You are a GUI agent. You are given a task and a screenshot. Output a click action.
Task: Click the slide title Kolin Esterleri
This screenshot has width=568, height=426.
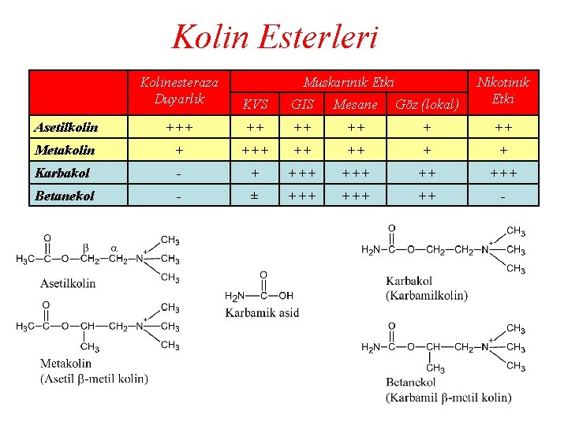pyautogui.click(x=275, y=37)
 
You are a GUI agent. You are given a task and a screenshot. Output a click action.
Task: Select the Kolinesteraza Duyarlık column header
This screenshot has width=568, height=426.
pyautogui.click(x=179, y=90)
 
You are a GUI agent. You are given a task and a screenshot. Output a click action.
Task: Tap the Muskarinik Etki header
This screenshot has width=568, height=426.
pyautogui.click(x=349, y=81)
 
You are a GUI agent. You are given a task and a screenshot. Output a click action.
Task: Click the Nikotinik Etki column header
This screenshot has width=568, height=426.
pyautogui.click(x=503, y=90)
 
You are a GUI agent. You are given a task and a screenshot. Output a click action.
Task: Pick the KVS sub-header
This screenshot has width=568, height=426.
pyautogui.click(x=255, y=103)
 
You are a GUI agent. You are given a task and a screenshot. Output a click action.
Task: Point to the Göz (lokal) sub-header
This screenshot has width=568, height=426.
pyautogui.click(x=427, y=103)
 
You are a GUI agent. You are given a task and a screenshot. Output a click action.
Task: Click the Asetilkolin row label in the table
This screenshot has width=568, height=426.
pyautogui.click(x=66, y=127)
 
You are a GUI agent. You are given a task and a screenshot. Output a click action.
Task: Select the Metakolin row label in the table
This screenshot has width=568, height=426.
pyautogui.click(x=65, y=149)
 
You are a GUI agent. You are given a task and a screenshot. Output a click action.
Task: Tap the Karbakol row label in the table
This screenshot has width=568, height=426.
pyautogui.click(x=62, y=172)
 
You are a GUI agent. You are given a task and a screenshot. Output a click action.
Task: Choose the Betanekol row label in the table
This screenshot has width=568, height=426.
pyautogui.click(x=65, y=195)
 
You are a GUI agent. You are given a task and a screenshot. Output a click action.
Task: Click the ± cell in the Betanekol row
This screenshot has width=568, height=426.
pyautogui.click(x=254, y=195)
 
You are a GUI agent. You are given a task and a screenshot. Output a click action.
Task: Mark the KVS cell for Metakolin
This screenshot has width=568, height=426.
pyautogui.click(x=254, y=149)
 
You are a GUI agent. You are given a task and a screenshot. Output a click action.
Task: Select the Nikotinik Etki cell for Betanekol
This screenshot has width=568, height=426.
pyautogui.click(x=503, y=195)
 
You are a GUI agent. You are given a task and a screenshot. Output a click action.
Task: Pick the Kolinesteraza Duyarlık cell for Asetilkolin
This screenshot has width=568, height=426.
pyautogui.click(x=179, y=127)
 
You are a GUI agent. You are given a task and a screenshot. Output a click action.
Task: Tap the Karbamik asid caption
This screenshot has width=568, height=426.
pyautogui.click(x=262, y=312)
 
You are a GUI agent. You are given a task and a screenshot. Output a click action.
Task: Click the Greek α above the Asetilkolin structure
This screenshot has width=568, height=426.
pyautogui.click(x=115, y=247)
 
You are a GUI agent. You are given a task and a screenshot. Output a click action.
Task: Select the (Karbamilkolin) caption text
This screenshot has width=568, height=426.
pyautogui.click(x=427, y=296)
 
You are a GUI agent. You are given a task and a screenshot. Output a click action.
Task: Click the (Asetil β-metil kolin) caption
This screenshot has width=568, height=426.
pyautogui.click(x=94, y=378)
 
